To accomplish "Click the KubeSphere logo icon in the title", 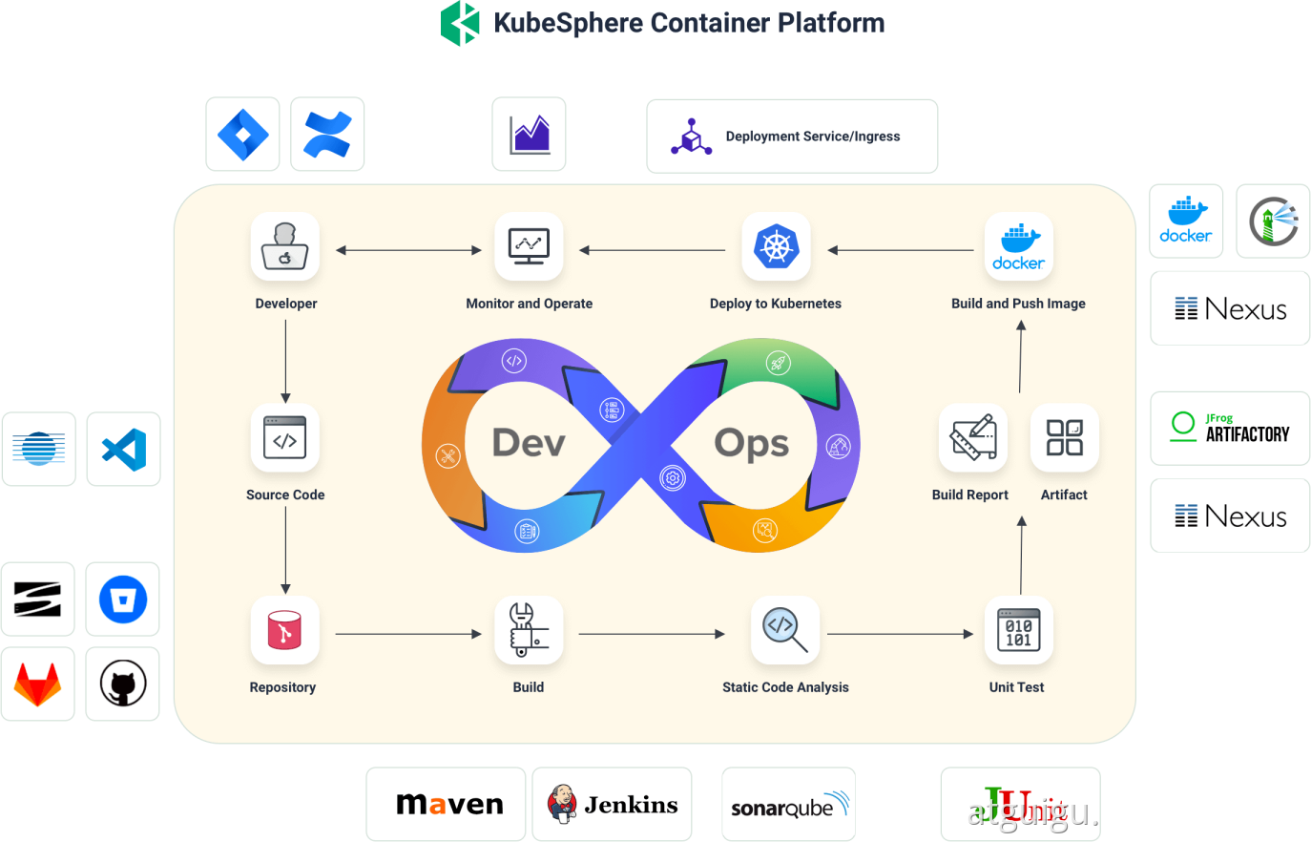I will pyautogui.click(x=460, y=23).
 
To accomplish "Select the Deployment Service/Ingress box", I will pyautogui.click(x=792, y=137).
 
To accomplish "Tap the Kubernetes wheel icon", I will pyautogui.click(x=776, y=247).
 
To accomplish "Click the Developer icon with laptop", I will pyautogui.click(x=284, y=247).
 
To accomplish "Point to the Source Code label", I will pyautogui.click(x=285, y=495).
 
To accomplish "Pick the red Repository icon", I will pyautogui.click(x=284, y=631).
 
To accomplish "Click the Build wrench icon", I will pyautogui.click(x=528, y=630).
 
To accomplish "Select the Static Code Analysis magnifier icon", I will pyautogui.click(x=784, y=630).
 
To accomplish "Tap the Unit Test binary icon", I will pyautogui.click(x=1018, y=630).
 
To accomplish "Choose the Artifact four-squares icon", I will pyautogui.click(x=1064, y=438).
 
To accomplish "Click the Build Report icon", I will pyautogui.click(x=972, y=438).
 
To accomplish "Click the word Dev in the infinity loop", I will pyautogui.click(x=529, y=443).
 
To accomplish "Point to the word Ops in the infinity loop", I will pyautogui.click(x=752, y=443).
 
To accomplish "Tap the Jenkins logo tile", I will pyautogui.click(x=612, y=805).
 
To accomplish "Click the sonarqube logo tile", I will pyautogui.click(x=788, y=805).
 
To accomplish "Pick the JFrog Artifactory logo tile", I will pyautogui.click(x=1230, y=428).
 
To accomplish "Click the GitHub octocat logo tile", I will pyautogui.click(x=123, y=684).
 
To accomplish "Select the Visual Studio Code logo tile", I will pyautogui.click(x=124, y=450).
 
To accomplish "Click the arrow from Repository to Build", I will pyautogui.click(x=408, y=634).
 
